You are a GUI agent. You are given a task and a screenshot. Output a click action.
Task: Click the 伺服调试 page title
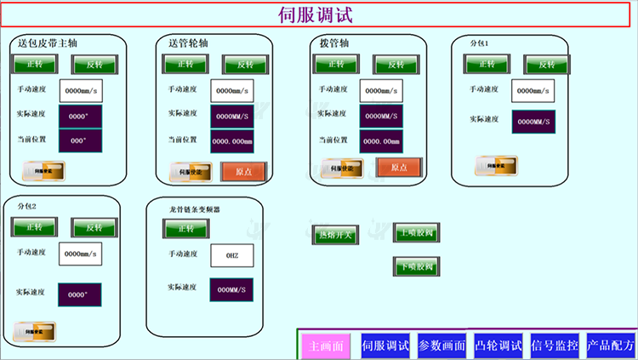[316, 14]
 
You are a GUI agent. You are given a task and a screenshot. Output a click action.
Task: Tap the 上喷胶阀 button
[417, 232]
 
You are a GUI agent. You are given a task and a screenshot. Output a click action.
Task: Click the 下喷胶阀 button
[417, 266]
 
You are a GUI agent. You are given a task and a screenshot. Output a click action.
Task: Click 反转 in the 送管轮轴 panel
[244, 65]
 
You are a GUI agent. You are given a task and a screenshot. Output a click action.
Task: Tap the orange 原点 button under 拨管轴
[399, 168]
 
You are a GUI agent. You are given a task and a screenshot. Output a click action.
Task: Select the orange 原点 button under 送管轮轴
[243, 170]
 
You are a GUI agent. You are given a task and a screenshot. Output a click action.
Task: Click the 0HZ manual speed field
[232, 254]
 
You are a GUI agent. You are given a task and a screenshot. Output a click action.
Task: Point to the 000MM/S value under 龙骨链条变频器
[231, 289]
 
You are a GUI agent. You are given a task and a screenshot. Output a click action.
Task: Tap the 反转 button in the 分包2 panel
[94, 227]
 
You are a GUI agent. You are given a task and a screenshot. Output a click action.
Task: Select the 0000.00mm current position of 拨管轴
[382, 141]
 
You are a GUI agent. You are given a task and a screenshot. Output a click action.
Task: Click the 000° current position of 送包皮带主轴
[80, 141]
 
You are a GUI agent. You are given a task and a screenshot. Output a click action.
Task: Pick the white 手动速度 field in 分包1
[533, 90]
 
